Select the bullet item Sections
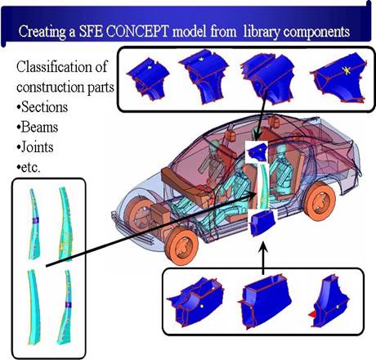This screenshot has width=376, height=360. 43,107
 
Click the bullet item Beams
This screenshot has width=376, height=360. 38,127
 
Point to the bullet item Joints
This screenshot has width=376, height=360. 35,147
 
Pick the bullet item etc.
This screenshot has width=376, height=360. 29,168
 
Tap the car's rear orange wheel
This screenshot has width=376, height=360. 320,201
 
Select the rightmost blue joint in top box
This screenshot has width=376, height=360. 339,77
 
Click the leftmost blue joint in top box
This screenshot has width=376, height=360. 149,79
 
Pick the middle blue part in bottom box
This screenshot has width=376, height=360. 265,301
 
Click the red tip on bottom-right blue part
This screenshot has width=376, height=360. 311,314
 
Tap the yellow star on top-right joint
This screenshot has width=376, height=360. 347,71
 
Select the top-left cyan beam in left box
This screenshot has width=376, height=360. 34,223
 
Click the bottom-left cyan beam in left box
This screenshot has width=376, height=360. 34,307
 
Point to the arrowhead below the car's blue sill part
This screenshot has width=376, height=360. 263,245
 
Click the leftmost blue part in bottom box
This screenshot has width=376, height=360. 195,302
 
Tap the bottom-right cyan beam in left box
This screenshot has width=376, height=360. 65,308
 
